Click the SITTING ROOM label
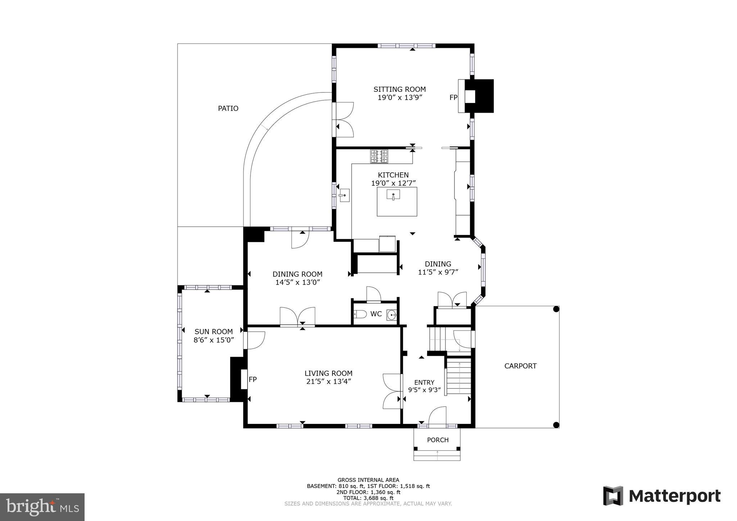[399, 89]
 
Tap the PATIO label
[228, 108]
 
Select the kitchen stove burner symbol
[379, 156]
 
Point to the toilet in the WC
[360, 314]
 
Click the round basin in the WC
[391, 315]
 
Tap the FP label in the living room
[253, 379]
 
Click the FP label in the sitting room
[453, 98]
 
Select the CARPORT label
[520, 366]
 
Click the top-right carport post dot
[556, 309]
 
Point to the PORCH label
[438, 440]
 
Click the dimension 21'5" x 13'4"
[328, 381]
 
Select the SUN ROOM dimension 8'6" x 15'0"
[214, 340]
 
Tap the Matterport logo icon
[613, 495]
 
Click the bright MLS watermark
[42, 507]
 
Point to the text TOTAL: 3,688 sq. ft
[368, 498]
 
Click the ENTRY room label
[424, 382]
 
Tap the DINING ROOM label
[297, 274]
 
